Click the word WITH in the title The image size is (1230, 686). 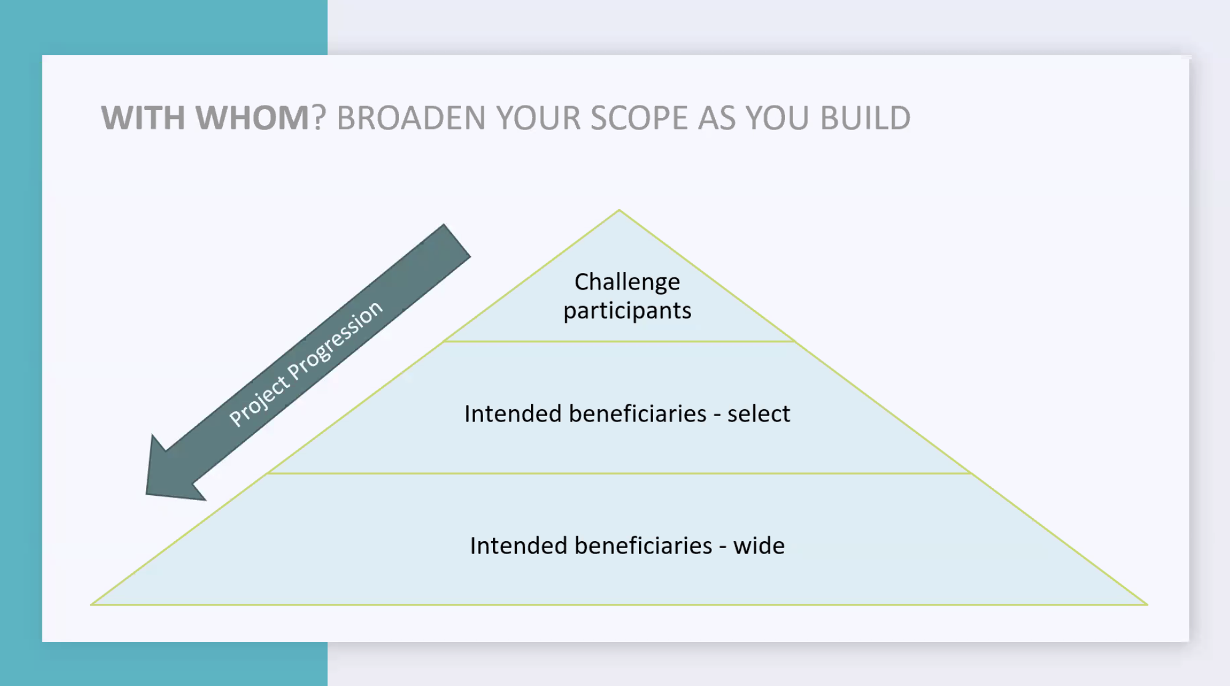pyautogui.click(x=143, y=118)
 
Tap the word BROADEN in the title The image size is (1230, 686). pyautogui.click(x=411, y=118)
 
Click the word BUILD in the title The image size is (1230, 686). pyautogui.click(x=865, y=118)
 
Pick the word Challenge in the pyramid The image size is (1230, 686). pyautogui.click(x=627, y=282)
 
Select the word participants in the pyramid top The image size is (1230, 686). pyautogui.click(x=627, y=311)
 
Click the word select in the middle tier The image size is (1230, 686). pyautogui.click(x=759, y=414)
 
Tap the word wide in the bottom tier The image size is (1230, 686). pyautogui.click(x=759, y=545)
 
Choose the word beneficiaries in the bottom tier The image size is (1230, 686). pyautogui.click(x=643, y=545)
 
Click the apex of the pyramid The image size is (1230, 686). pyautogui.click(x=619, y=210)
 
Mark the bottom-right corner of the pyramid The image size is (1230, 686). pyautogui.click(x=1147, y=604)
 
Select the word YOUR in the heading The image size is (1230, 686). pyautogui.click(x=538, y=118)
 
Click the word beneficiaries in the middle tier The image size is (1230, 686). pyautogui.click(x=637, y=414)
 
